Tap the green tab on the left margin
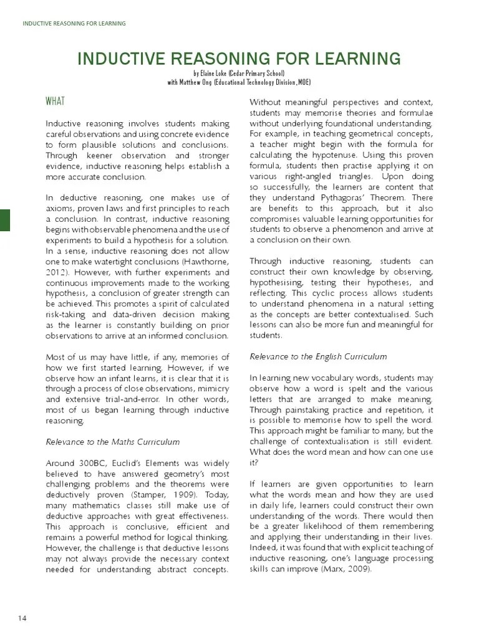(x=4, y=221)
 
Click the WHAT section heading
(x=55, y=101)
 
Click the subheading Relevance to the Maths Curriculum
(x=113, y=442)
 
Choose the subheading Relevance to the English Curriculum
(x=318, y=356)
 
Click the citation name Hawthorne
(x=201, y=262)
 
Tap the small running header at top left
(x=74, y=24)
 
